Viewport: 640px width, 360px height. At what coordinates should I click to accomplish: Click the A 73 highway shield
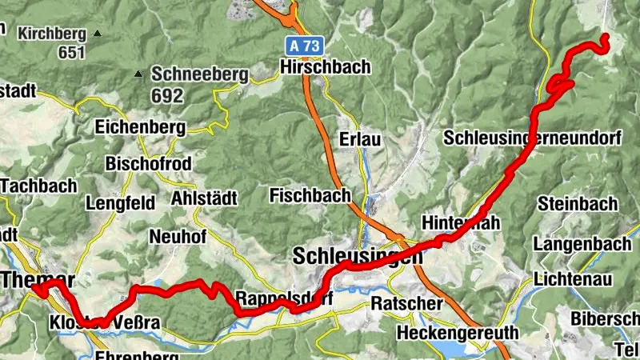304,46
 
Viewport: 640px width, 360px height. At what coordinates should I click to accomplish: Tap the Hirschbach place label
326,67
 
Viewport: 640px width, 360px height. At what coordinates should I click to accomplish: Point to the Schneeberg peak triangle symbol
138,74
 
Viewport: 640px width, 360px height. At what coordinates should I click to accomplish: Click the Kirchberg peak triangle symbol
97,34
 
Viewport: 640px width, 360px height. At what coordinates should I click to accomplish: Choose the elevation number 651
71,53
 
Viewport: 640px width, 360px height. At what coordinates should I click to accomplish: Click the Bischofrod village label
147,163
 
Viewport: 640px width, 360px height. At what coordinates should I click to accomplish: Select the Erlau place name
360,138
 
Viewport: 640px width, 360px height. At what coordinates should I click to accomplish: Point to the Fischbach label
310,194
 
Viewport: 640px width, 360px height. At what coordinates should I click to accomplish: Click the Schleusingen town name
358,257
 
